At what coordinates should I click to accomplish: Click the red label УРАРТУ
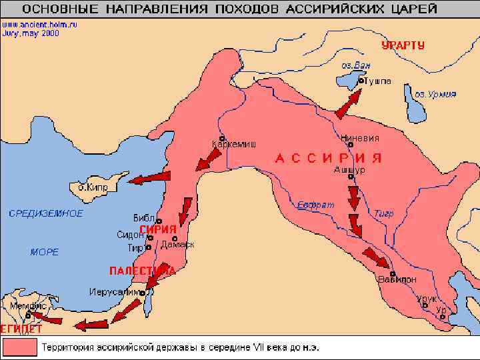click(403, 45)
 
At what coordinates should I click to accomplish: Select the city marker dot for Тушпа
click(361, 80)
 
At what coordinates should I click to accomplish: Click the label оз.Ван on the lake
click(355, 65)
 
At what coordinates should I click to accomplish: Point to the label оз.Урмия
click(433, 94)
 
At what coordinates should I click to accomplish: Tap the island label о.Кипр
click(93, 187)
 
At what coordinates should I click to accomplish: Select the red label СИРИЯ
click(158, 229)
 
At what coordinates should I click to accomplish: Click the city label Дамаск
click(177, 245)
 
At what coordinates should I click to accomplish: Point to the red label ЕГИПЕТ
click(21, 329)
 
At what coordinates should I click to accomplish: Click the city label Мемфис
click(25, 305)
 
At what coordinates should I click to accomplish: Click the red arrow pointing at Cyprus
click(149, 178)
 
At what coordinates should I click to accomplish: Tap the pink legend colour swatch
click(19, 347)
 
